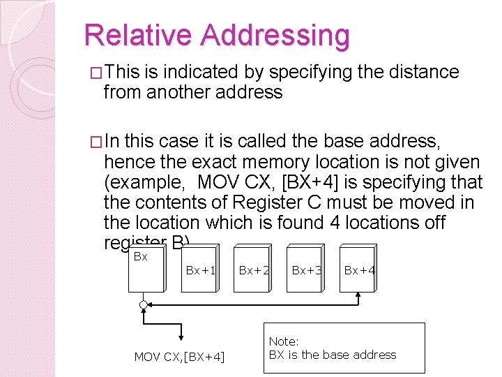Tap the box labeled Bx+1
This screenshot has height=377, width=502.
pos(201,269)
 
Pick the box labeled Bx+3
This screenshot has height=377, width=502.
pos(306,269)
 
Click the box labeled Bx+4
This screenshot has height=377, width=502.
pos(359,269)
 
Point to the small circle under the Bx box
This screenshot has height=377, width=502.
pos(144,305)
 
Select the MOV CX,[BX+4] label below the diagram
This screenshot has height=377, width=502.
pos(179,357)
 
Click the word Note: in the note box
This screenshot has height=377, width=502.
pos(284,341)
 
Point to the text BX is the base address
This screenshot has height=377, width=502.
pos(332,355)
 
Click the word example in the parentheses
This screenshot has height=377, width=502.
pos(149,183)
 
